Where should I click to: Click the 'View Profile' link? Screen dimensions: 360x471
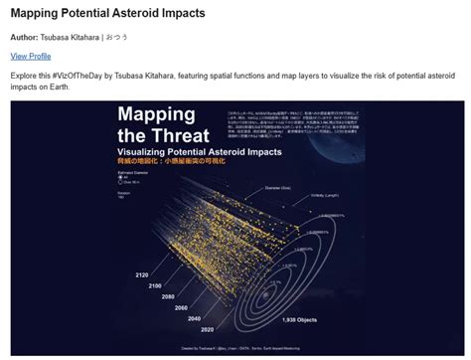click(31, 57)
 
